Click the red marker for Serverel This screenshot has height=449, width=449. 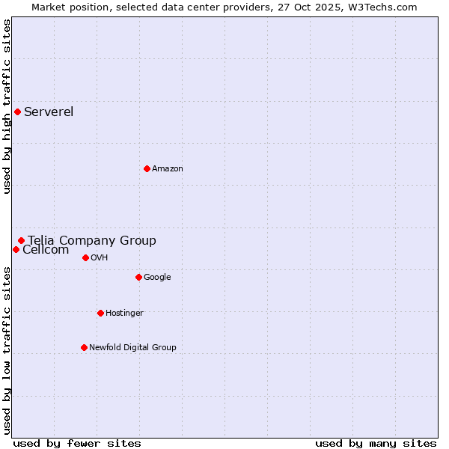tap(17, 112)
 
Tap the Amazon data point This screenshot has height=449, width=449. tap(147, 168)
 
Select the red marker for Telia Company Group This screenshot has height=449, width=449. tap(21, 240)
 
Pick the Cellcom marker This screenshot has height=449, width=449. tap(16, 249)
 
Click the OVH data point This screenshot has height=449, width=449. tap(85, 257)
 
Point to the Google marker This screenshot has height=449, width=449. tap(138, 277)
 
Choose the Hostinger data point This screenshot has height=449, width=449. tap(100, 313)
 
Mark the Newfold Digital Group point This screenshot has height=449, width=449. tap(84, 347)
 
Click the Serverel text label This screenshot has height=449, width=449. tap(49, 112)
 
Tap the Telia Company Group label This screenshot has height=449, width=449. tap(92, 240)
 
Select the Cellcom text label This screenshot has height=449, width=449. tap(46, 250)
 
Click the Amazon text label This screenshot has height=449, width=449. tap(168, 168)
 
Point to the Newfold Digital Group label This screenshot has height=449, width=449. tap(132, 347)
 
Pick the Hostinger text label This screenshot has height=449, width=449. tap(124, 313)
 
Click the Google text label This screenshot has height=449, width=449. tap(157, 277)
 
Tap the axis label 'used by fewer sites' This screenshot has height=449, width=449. tap(77, 443)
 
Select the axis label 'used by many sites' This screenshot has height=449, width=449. tap(376, 443)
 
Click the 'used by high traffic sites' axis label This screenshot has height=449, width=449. tap(7, 106)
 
